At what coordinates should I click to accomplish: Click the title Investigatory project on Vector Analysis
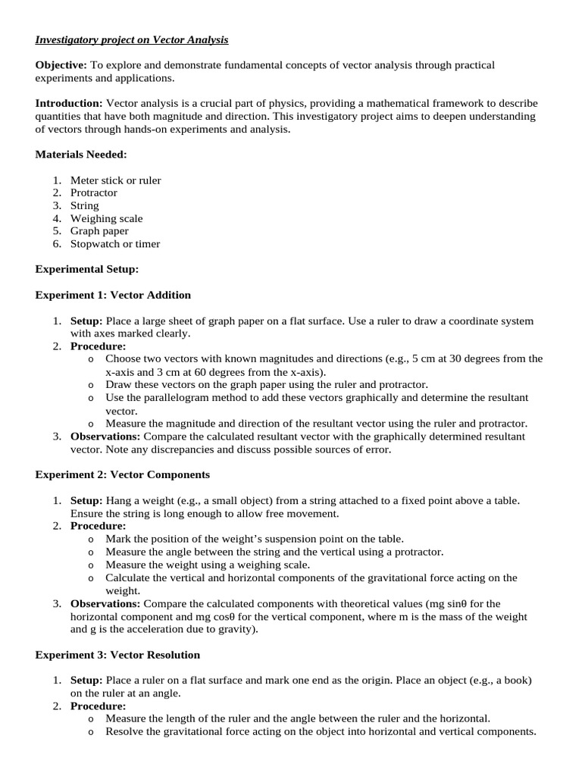132,39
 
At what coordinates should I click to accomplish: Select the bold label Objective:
61,65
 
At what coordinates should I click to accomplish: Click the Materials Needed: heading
81,155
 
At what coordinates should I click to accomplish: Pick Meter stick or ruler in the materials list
115,180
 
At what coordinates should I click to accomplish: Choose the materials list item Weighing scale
106,218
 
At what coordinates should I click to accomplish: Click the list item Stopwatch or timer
115,244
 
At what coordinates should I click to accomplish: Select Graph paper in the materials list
99,231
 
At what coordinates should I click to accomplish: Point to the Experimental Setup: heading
87,269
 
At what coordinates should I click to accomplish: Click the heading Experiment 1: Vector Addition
113,295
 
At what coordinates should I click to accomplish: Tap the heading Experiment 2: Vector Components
122,474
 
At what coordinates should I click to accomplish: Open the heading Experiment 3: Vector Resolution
117,654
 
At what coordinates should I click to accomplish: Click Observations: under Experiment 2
105,603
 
